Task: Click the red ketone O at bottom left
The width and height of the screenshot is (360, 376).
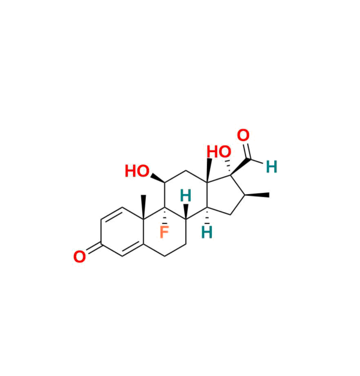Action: [79, 257]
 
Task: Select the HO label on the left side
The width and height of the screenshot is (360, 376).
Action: [137, 172]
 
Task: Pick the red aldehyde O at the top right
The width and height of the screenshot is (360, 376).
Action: [243, 136]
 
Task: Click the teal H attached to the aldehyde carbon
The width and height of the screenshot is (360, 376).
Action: [271, 166]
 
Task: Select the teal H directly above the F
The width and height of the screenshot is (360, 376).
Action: [186, 195]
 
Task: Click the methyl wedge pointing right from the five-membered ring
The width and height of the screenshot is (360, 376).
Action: [260, 195]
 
